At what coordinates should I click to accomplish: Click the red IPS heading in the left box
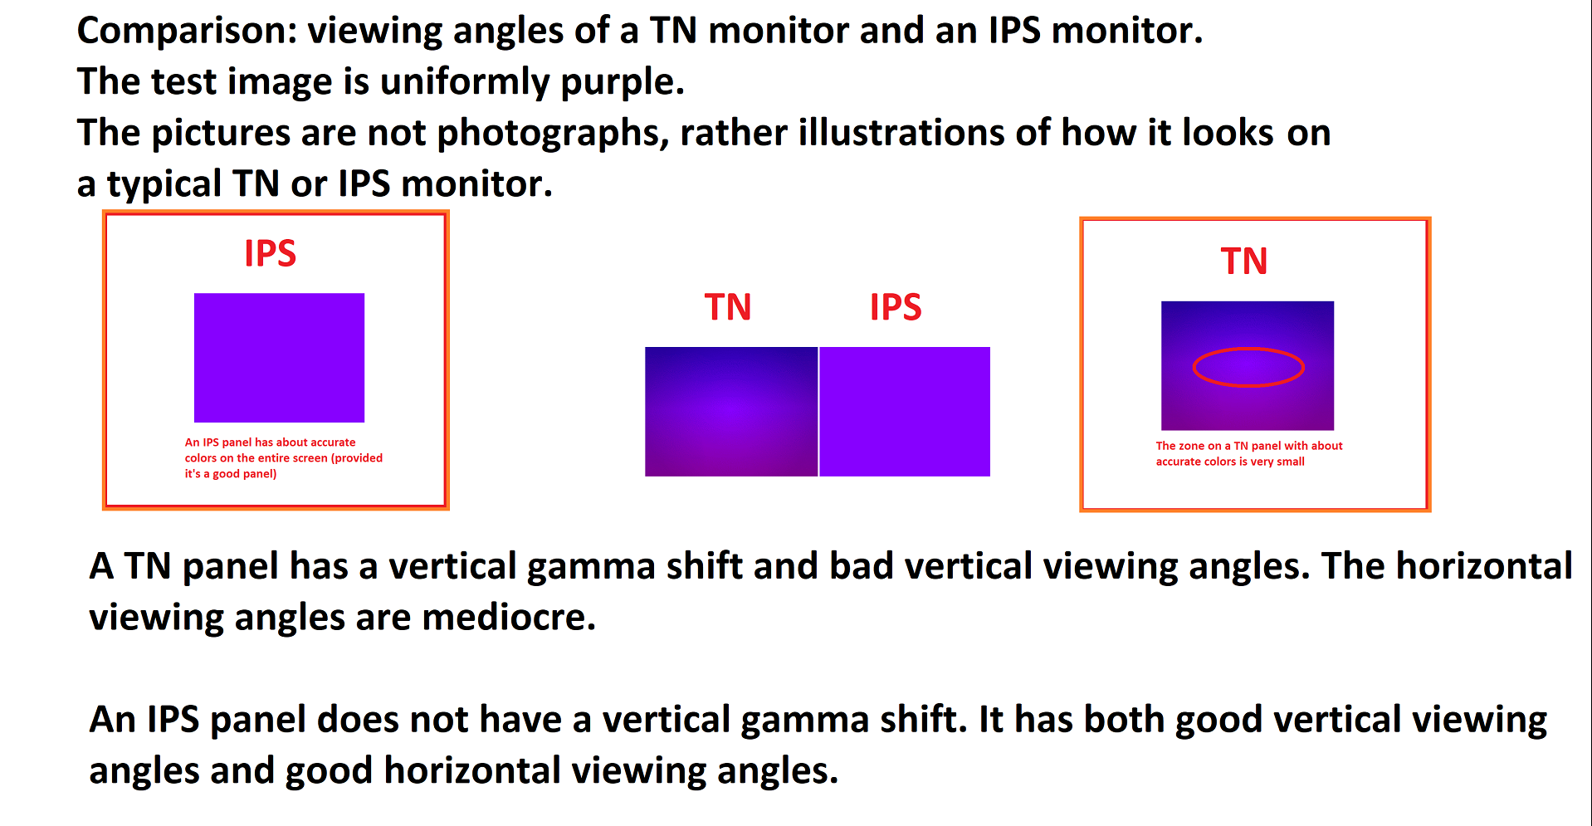click(270, 253)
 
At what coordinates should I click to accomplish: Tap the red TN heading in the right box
click(1244, 261)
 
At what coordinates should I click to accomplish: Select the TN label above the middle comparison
click(728, 307)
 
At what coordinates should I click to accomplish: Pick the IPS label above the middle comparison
click(896, 307)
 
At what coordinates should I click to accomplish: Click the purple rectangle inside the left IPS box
click(279, 357)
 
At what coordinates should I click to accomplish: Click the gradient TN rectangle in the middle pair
click(731, 411)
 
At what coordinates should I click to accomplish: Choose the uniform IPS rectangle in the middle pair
click(905, 411)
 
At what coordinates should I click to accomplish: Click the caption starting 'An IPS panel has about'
click(283, 458)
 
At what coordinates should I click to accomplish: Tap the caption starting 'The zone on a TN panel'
click(1249, 453)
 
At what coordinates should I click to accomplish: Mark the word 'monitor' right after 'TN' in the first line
click(779, 32)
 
